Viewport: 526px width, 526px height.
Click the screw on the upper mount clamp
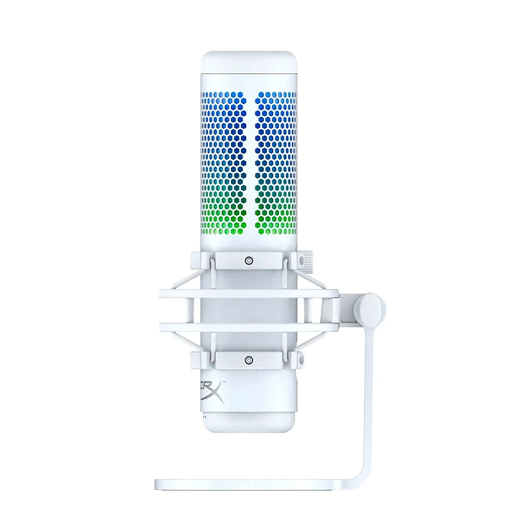click(248, 261)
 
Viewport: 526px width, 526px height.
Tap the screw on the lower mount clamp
click(248, 359)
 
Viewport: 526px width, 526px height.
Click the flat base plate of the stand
click(252, 484)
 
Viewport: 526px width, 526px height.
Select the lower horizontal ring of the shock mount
click(248, 326)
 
